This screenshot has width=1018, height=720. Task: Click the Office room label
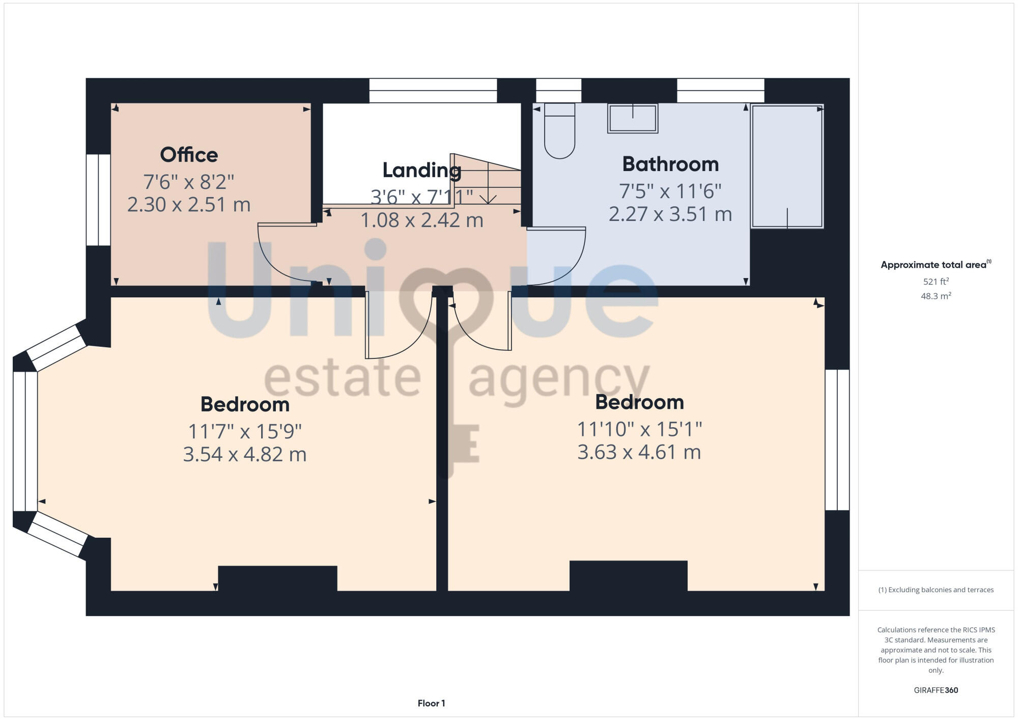pos(189,155)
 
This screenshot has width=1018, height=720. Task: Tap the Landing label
pos(421,170)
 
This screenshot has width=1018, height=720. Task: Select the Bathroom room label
pos(670,164)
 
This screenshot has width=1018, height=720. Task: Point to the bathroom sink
pos(633,118)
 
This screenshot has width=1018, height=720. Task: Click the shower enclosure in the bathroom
pos(787,166)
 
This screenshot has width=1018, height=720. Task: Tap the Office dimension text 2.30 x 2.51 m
pos(189,205)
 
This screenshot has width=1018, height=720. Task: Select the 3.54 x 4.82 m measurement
pos(245,454)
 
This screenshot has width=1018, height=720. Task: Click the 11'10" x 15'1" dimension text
pos(639,429)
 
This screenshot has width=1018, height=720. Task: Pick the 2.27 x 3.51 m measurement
pos(670,214)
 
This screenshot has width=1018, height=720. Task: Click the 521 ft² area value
pos(936,281)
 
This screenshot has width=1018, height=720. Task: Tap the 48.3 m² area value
pos(936,296)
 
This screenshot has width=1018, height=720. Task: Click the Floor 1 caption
pos(431,703)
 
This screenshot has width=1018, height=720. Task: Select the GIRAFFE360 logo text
pos(936,690)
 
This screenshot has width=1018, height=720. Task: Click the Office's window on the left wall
pos(98,200)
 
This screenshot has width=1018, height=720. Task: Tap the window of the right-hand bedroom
pos(837,439)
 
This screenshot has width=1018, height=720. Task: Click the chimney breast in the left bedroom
pos(277,578)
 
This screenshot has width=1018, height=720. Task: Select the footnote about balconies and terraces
pos(936,590)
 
